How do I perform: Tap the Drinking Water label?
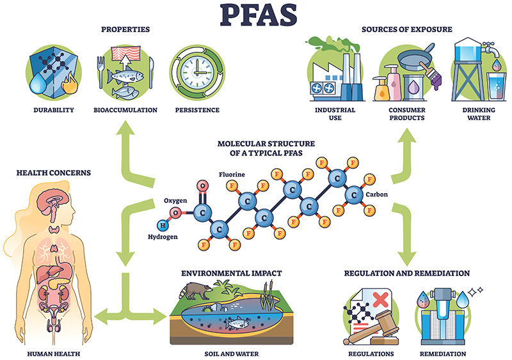(474, 113)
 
